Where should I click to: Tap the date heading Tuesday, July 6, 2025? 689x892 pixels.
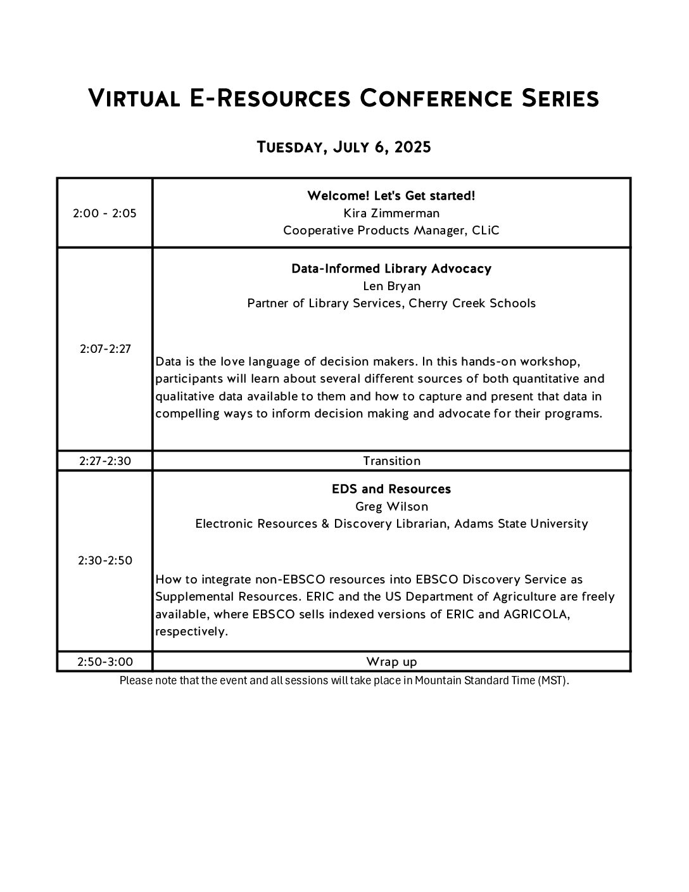click(x=344, y=148)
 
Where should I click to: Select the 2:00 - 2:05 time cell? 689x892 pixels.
click(x=104, y=213)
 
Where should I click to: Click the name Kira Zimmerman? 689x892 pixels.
click(x=391, y=213)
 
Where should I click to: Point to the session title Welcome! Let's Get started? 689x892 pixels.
click(x=391, y=196)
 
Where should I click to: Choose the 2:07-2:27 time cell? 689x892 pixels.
click(x=105, y=348)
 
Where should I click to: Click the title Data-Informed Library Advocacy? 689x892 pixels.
click(x=391, y=269)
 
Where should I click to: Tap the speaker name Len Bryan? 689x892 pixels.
click(x=391, y=286)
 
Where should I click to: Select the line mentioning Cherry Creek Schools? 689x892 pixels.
click(x=391, y=303)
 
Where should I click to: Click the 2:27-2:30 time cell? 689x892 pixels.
click(x=105, y=461)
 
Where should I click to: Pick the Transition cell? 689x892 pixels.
click(x=391, y=461)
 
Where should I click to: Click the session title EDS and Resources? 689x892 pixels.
click(x=391, y=489)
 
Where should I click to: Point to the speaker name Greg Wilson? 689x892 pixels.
click(x=391, y=507)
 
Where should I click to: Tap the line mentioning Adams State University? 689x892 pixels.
click(x=391, y=524)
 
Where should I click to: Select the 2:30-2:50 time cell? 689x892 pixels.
click(x=105, y=561)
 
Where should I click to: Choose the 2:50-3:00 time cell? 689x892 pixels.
click(x=105, y=662)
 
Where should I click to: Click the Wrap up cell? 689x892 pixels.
click(x=391, y=662)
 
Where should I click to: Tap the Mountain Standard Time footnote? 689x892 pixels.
click(x=344, y=682)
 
